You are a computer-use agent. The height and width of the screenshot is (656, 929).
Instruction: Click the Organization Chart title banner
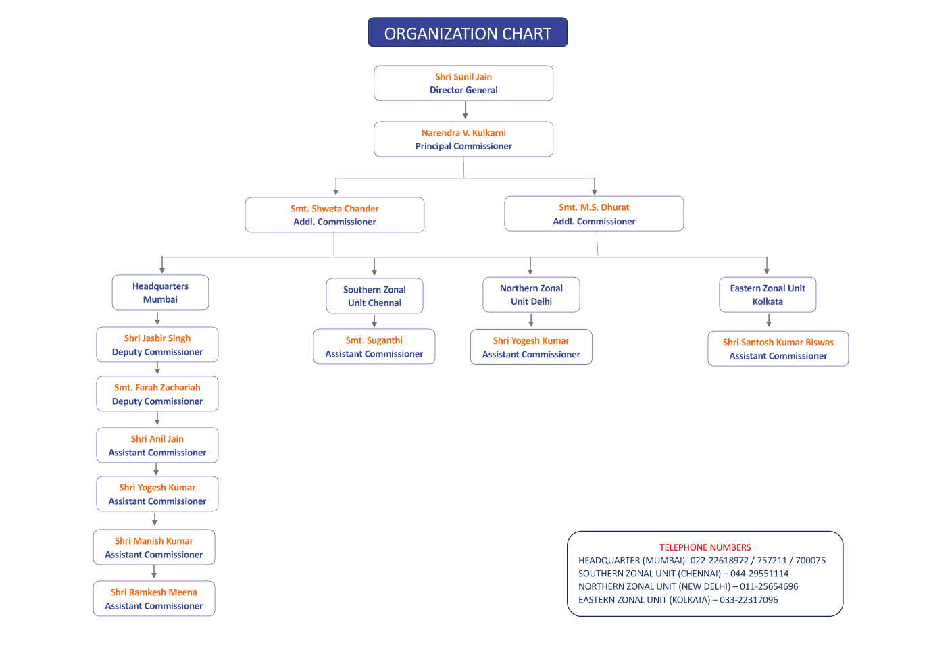tap(468, 32)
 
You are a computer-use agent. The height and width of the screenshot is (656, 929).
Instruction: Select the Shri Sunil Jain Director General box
tap(463, 83)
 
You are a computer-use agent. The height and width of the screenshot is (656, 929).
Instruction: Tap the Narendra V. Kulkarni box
tap(463, 139)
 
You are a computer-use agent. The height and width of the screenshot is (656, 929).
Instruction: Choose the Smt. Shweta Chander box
tap(334, 215)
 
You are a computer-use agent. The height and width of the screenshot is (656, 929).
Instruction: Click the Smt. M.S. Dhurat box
tap(594, 213)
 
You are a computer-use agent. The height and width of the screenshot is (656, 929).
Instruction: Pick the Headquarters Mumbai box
tap(160, 293)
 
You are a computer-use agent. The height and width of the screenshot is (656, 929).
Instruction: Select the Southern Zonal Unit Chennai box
tap(374, 296)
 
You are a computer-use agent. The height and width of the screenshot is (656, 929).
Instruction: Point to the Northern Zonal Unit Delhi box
tap(531, 295)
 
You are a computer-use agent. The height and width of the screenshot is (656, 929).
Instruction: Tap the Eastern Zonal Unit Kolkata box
tap(768, 295)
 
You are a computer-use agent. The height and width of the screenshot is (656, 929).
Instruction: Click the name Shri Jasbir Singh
tap(157, 338)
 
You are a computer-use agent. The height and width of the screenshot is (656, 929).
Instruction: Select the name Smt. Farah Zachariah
tap(157, 388)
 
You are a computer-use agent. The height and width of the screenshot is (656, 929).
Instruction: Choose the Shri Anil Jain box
tap(157, 445)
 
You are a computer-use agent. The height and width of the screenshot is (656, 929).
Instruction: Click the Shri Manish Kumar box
tap(154, 547)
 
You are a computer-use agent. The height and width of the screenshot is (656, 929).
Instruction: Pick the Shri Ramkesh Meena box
tap(154, 599)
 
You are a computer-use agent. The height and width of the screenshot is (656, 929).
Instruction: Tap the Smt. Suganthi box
tap(374, 347)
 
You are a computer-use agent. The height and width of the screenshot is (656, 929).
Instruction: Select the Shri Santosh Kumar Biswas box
tap(778, 349)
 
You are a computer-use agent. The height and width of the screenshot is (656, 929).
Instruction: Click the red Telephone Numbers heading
tap(705, 547)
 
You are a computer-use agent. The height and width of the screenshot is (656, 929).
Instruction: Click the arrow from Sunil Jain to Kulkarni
tap(466, 110)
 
